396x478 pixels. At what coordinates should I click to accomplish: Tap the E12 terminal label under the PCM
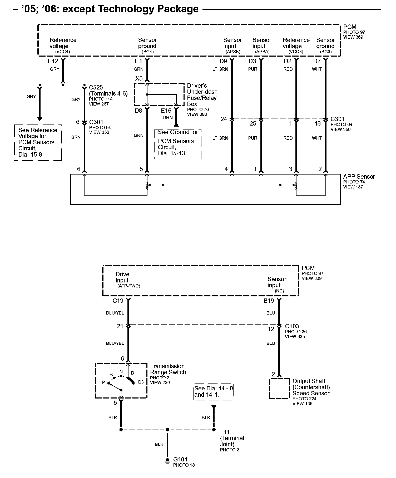pyautogui.click(x=53, y=61)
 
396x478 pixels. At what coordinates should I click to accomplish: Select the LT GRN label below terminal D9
pyautogui.click(x=220, y=69)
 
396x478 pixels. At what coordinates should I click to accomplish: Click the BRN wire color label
pyautogui.click(x=76, y=137)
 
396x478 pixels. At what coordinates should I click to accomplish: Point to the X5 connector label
pyautogui.click(x=139, y=78)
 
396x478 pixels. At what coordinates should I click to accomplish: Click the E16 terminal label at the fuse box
pyautogui.click(x=166, y=111)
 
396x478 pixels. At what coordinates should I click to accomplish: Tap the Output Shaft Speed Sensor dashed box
pyautogui.click(x=279, y=389)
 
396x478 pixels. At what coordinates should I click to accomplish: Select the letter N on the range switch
pyautogui.click(x=121, y=372)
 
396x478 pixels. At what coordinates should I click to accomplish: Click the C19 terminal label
pyautogui.click(x=118, y=301)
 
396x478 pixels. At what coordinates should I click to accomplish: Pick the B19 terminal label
pyautogui.click(x=269, y=301)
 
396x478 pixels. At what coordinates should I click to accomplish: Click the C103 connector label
pyautogui.click(x=292, y=326)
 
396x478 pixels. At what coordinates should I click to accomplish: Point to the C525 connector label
pyautogui.click(x=96, y=87)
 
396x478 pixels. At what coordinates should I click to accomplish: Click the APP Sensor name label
pyautogui.click(x=359, y=177)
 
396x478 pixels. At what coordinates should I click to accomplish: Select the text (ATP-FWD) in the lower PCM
pyautogui.click(x=129, y=286)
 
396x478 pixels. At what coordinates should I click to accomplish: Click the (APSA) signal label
pyautogui.click(x=262, y=52)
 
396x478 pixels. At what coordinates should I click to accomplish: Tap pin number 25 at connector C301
pyautogui.click(x=253, y=123)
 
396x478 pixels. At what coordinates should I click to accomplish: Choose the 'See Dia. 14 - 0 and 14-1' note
pyautogui.click(x=214, y=391)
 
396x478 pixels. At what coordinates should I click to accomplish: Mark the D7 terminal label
pyautogui.click(x=317, y=61)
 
